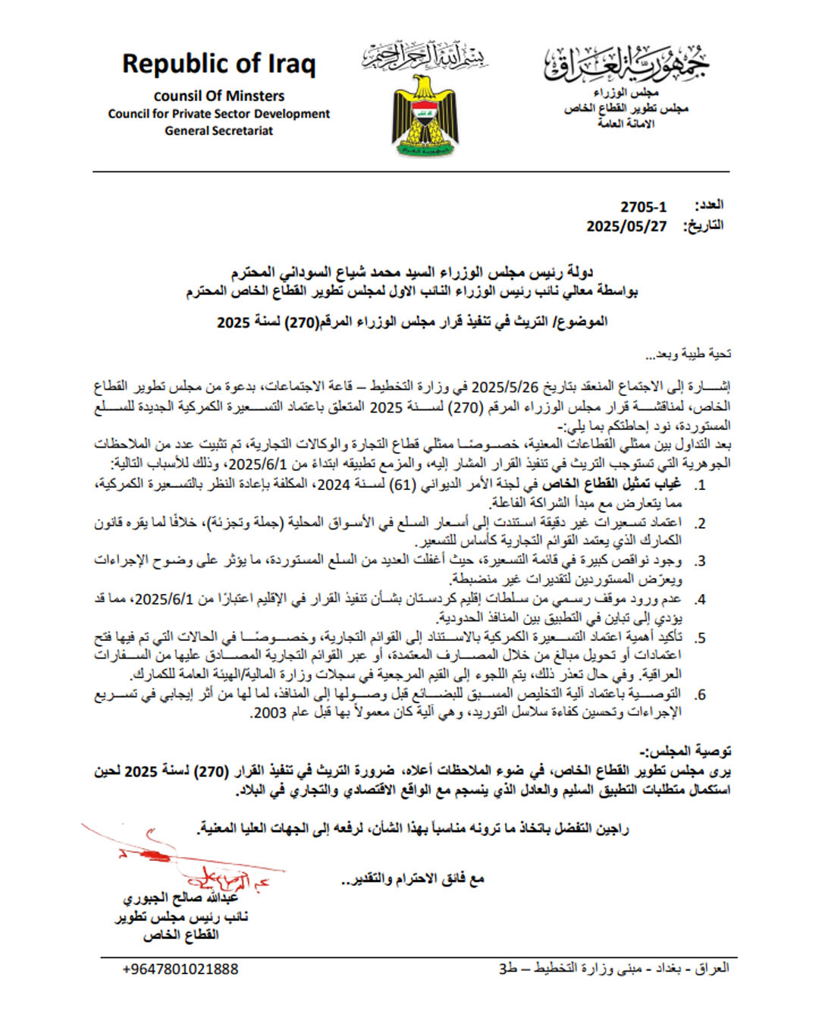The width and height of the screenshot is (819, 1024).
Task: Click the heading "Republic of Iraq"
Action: (x=218, y=64)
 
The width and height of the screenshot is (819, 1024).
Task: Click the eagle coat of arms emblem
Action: (x=425, y=115)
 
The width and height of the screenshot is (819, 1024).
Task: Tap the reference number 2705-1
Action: (x=643, y=207)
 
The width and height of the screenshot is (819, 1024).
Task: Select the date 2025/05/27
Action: (x=626, y=226)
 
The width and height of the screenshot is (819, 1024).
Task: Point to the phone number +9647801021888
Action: (x=180, y=969)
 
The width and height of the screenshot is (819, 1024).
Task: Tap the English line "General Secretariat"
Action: (x=218, y=130)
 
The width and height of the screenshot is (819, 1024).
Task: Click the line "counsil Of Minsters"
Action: (x=218, y=96)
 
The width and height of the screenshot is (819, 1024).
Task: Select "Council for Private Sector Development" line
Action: (x=218, y=114)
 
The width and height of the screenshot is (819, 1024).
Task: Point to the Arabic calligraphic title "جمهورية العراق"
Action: (x=626, y=64)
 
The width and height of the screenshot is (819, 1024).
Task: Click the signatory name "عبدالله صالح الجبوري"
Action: (x=180, y=898)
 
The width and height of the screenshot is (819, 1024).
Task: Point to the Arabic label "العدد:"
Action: (x=709, y=206)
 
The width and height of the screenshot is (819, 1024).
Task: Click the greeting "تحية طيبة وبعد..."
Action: (x=688, y=354)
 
